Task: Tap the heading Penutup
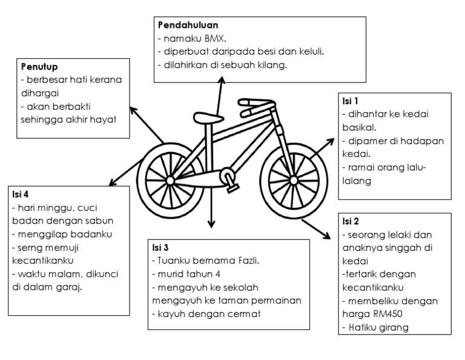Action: pos(39,65)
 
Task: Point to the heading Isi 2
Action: pos(351,221)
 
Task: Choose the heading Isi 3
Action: pos(160,247)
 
